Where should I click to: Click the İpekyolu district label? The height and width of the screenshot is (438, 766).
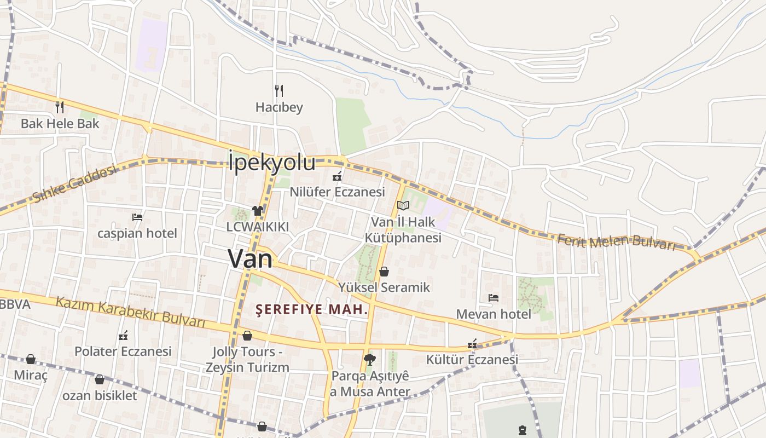coord(272,163)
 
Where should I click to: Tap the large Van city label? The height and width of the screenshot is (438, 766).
coord(250,258)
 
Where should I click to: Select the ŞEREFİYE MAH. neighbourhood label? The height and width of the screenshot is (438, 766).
coord(312,309)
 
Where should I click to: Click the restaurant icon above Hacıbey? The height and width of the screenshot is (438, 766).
coord(279,90)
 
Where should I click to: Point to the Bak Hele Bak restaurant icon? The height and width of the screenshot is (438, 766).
coord(60,107)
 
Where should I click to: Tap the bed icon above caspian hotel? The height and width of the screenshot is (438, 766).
coord(137,217)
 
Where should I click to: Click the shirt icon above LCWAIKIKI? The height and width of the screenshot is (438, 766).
coord(258,210)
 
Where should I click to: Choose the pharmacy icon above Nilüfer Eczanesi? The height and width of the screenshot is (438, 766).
coord(337,176)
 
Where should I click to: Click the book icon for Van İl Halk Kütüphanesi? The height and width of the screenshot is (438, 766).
coord(403,206)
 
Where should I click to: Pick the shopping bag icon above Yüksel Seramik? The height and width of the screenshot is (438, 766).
coord(384,272)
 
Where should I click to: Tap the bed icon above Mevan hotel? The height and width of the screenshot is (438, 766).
coord(494,298)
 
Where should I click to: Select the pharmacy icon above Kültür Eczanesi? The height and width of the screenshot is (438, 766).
coord(472,344)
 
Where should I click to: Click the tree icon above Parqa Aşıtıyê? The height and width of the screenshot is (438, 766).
coord(370,360)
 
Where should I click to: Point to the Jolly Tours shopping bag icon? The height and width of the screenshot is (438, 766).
coord(247,335)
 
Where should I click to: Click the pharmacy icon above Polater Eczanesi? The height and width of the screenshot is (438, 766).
coord(123,336)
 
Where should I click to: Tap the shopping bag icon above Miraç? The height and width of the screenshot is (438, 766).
coord(31,359)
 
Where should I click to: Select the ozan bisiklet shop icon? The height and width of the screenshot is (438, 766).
coord(100,379)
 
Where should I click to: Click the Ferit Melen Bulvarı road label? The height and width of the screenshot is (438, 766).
coord(616,241)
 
